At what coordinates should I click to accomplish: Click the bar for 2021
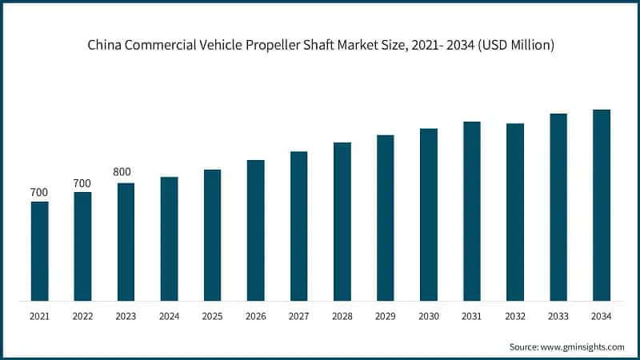point(39,251)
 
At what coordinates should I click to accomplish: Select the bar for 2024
point(169,239)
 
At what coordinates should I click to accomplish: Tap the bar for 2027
point(298,226)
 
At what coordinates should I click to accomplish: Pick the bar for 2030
point(429,214)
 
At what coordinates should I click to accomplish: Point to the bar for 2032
point(515,212)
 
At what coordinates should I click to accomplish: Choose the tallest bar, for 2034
point(602,206)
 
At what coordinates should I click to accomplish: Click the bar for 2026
point(255,230)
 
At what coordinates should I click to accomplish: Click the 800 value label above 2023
point(122,172)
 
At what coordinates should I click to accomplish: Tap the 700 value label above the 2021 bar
point(38,192)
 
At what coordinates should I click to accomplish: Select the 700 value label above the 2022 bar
point(82,183)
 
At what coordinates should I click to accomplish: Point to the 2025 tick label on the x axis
point(212,317)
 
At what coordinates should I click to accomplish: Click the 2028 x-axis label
point(342,317)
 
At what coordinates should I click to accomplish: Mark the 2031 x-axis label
point(472,317)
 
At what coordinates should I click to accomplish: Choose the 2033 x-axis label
point(558,317)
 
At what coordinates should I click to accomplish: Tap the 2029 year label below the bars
point(386,317)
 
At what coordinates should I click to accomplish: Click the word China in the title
point(104,46)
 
